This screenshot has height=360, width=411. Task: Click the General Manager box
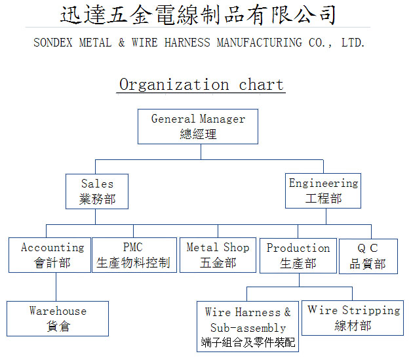198,127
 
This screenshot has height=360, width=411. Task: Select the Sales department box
97,191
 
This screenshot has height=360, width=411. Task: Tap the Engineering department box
323,191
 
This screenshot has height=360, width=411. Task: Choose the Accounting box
50,255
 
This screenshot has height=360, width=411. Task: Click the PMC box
134,255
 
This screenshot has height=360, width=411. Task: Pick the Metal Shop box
218,255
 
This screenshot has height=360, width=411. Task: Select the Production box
298,256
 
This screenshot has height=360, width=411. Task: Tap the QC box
368,256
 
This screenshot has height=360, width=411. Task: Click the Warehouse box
58,319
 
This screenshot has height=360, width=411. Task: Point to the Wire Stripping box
353,318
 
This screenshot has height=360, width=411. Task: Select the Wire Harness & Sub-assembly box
248,327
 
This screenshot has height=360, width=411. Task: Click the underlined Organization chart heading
201,85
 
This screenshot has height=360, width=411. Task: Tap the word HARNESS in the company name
187,43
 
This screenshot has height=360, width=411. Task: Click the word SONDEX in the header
53,43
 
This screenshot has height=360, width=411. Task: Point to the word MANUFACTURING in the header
259,43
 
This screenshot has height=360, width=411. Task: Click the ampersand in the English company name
121,43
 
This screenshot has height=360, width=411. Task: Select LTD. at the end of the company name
353,43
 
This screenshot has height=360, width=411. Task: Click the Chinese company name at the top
198,14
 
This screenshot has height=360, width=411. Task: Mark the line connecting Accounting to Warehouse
56,287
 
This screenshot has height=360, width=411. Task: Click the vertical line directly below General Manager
201,152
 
